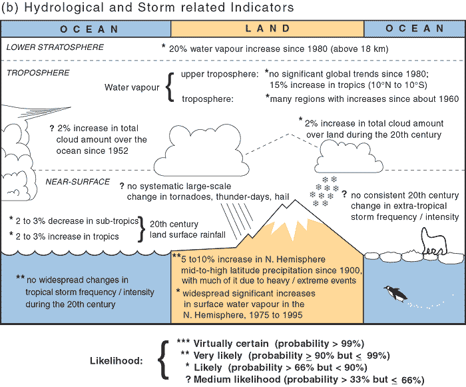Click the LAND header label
coord(268,29)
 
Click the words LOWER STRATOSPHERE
coord(55,47)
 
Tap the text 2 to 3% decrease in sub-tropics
coord(73,220)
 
